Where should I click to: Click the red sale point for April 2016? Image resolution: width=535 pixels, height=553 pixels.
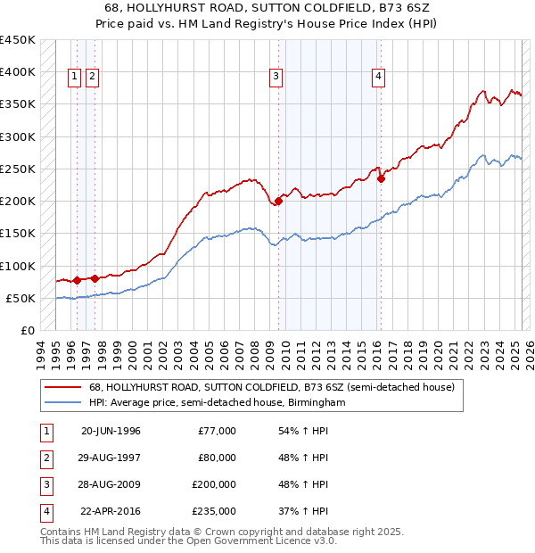point(381,178)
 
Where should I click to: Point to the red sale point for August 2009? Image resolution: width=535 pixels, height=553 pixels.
point(279,201)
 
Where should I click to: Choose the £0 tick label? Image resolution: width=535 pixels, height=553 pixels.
point(28,330)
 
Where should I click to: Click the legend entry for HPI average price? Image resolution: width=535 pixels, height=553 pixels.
point(217,403)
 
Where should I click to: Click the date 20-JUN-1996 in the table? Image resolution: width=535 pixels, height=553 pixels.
point(111,431)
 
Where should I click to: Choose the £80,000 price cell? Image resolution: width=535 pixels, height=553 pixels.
point(218,458)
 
